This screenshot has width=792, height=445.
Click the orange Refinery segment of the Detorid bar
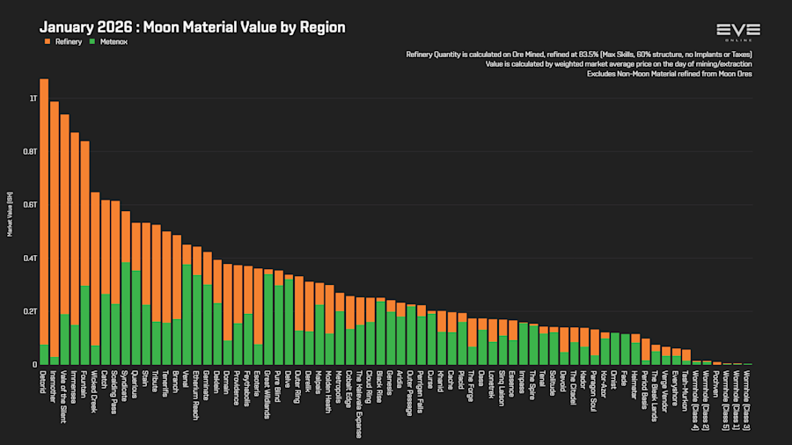tap(44, 211)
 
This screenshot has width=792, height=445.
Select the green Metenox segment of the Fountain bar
tap(84, 325)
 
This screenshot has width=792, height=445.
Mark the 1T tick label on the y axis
tap(33, 98)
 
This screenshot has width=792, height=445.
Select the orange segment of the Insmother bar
tap(55, 229)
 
